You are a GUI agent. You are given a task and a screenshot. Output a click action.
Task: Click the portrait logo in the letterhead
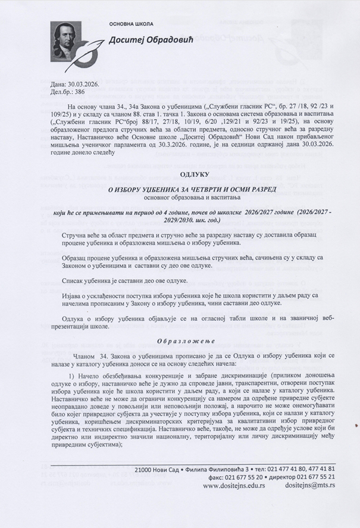click(70, 39)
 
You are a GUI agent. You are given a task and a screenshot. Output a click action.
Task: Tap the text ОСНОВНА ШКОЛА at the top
click(130, 24)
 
